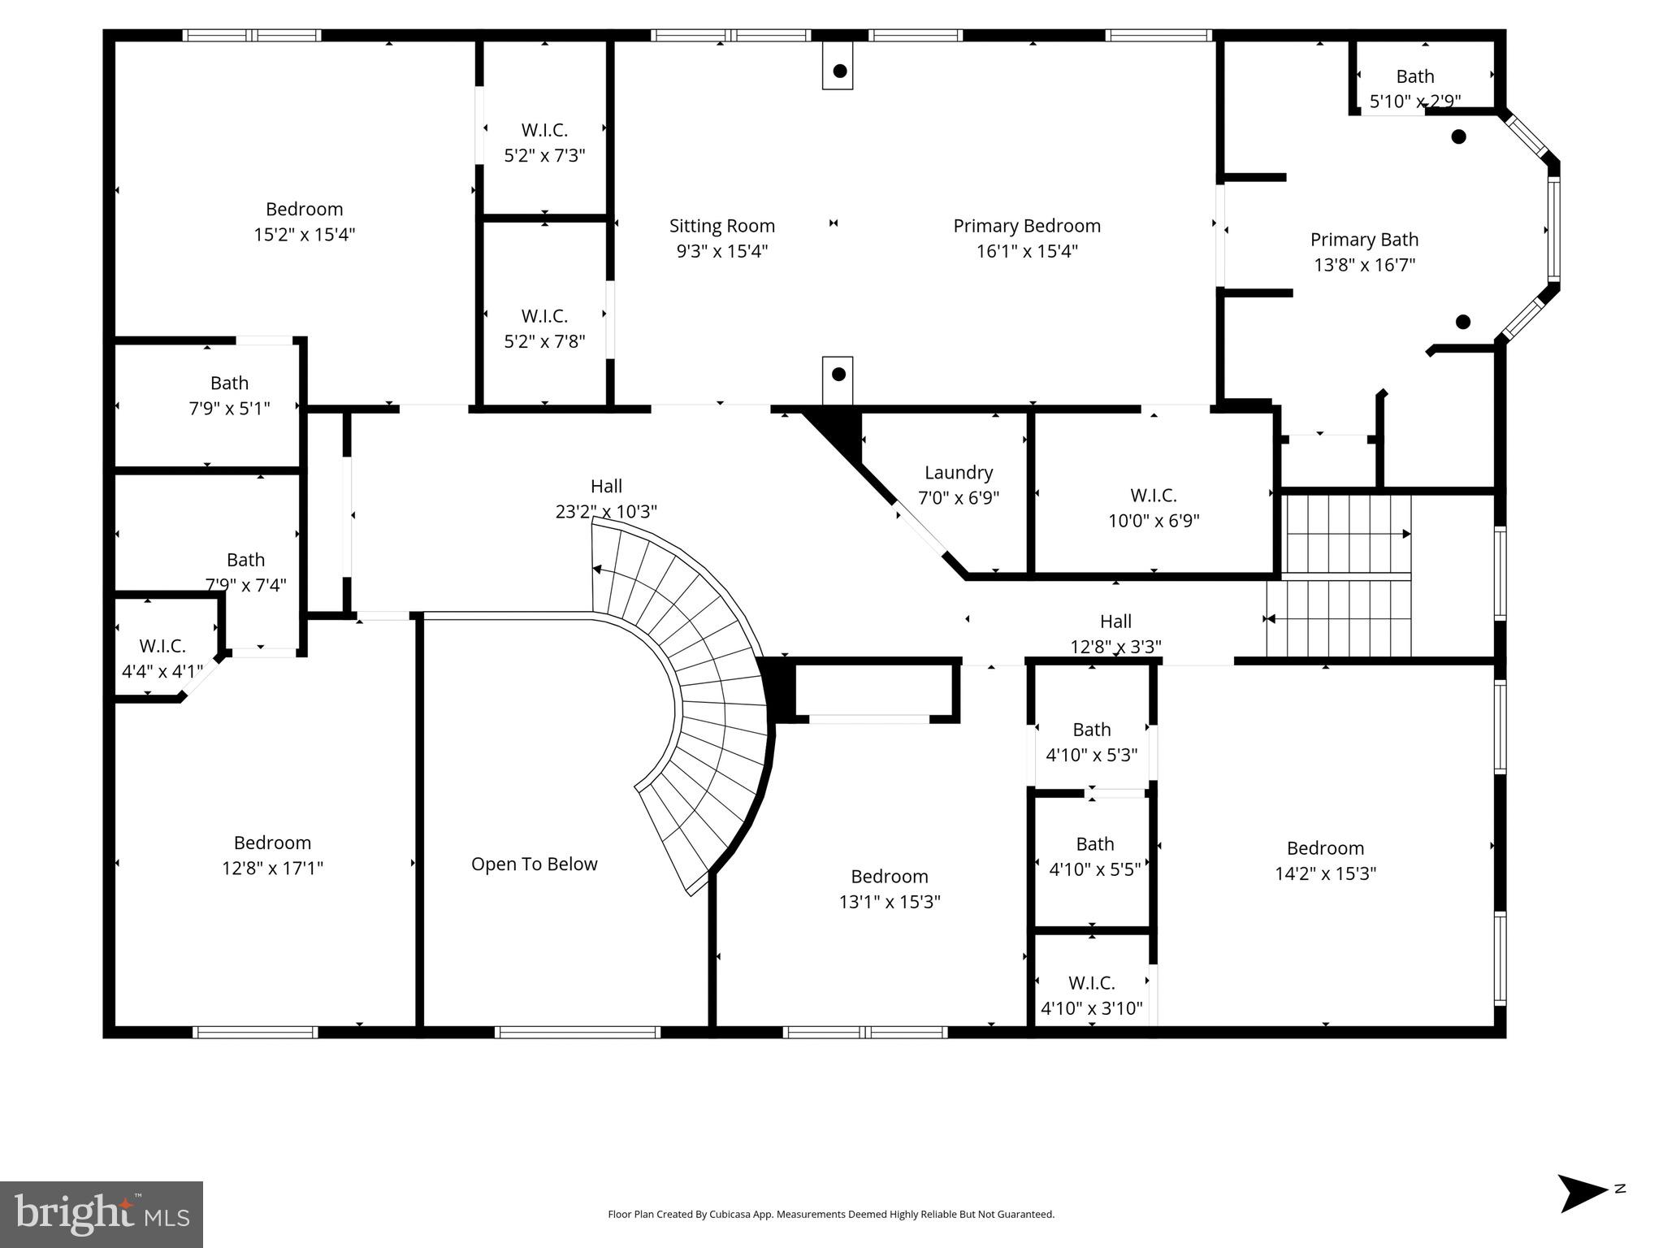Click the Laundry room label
click(x=959, y=473)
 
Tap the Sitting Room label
click(x=721, y=226)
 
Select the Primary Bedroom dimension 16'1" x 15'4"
click(x=1027, y=251)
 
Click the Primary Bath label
click(x=1364, y=240)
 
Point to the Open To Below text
click(x=534, y=864)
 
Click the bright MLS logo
click(x=101, y=1214)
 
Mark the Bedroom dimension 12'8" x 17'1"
click(x=272, y=869)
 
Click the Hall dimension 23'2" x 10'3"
click(x=606, y=512)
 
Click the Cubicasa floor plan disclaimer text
click(x=831, y=1215)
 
